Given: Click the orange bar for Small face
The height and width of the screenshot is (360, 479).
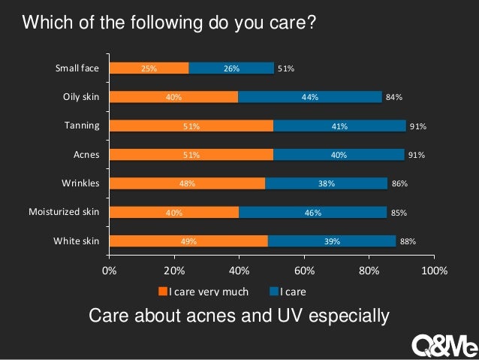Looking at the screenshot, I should [x=149, y=68].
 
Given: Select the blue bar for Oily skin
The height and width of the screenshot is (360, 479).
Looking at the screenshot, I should [x=310, y=97].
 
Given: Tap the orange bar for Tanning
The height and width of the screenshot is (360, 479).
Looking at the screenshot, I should [x=191, y=126].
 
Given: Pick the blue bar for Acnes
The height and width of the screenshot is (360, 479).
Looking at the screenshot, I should [x=339, y=155].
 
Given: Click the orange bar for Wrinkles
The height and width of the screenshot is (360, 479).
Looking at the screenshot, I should [x=187, y=183].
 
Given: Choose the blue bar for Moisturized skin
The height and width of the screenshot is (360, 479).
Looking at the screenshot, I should [x=312, y=213].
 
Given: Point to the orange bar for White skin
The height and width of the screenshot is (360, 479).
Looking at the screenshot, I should [x=188, y=241].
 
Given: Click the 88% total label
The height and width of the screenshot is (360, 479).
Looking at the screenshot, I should [x=408, y=241].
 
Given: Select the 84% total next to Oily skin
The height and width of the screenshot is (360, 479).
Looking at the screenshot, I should [x=394, y=97].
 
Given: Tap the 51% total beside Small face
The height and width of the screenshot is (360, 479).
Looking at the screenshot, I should [x=285, y=68].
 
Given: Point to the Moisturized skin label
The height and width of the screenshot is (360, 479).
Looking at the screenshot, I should [x=64, y=213].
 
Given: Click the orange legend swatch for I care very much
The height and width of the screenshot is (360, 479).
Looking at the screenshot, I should [x=161, y=292].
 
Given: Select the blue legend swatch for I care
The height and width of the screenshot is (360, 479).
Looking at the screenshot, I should [x=273, y=292].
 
